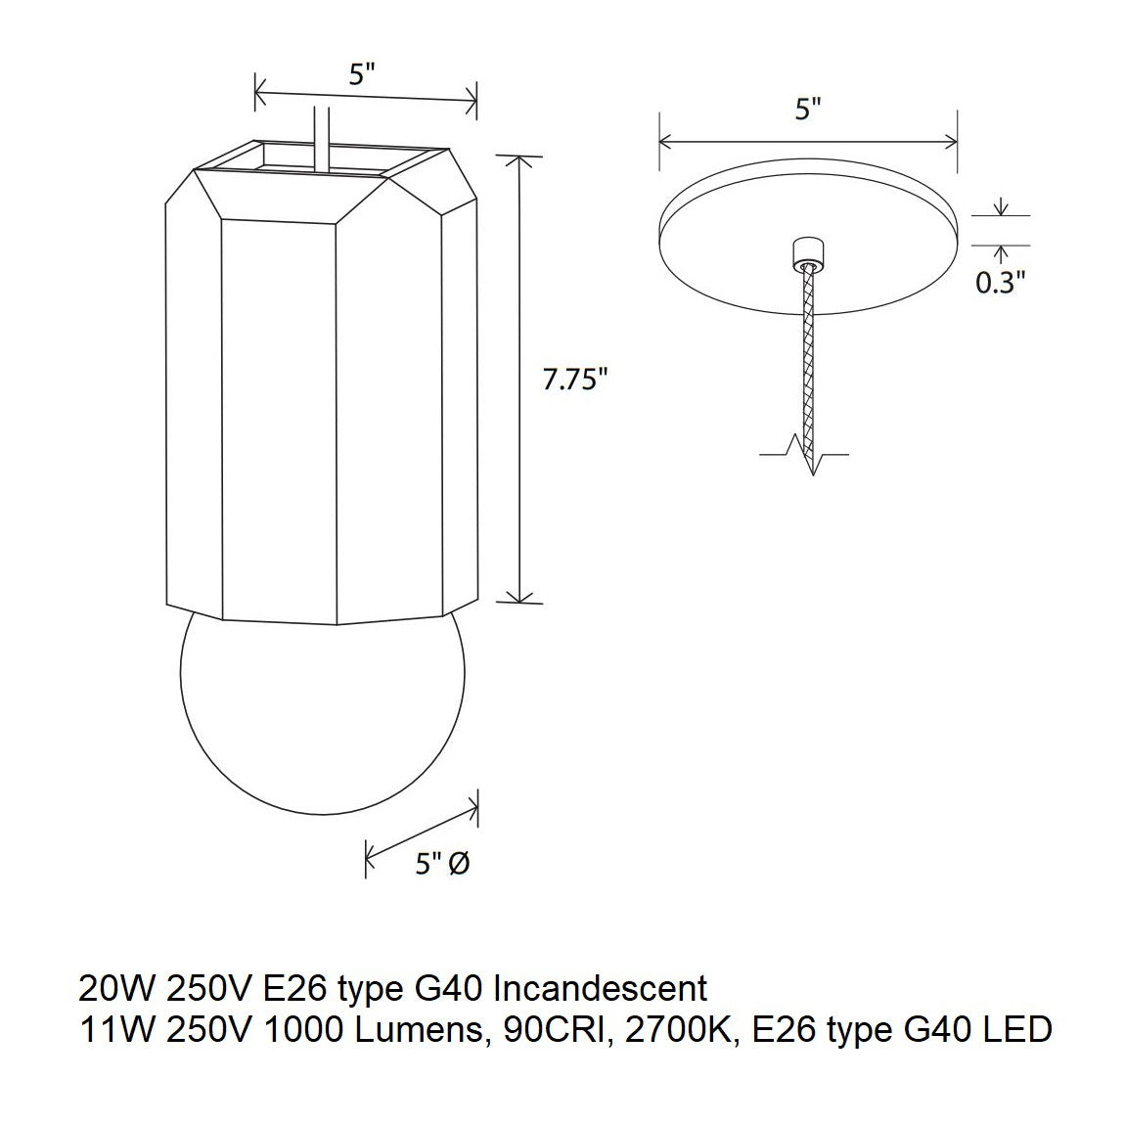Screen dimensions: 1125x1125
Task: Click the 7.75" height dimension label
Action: pos(575,381)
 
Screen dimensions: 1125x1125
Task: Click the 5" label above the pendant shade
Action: pos(364,75)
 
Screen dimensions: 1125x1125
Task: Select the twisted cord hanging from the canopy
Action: pos(808,362)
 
